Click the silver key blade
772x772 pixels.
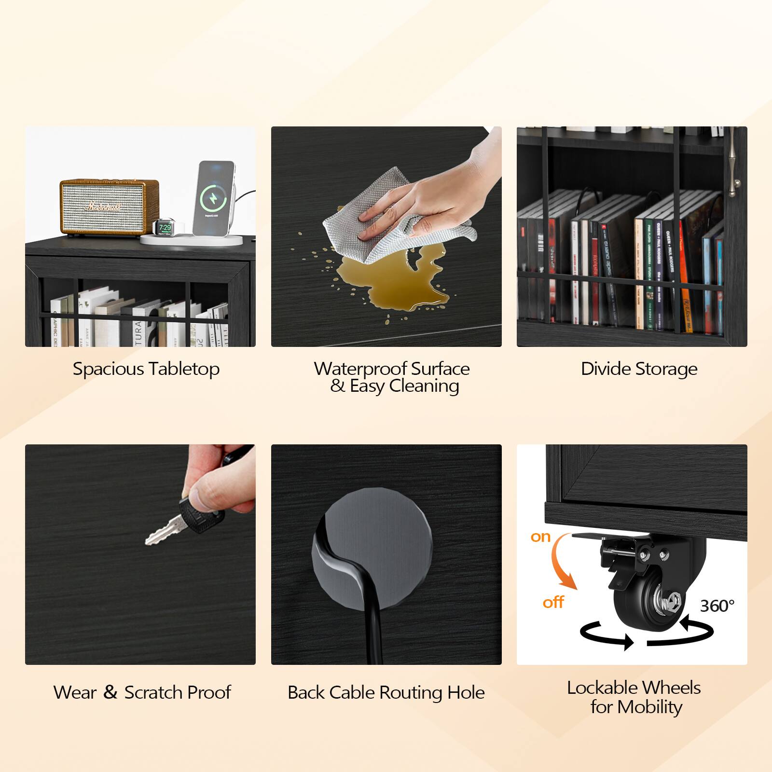point(162,531)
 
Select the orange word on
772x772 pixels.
point(540,537)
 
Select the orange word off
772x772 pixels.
point(553,602)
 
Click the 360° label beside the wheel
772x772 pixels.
point(717,606)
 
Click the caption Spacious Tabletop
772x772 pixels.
point(146,369)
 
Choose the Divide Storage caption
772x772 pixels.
point(639,369)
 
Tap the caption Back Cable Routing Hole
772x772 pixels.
point(386,692)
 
